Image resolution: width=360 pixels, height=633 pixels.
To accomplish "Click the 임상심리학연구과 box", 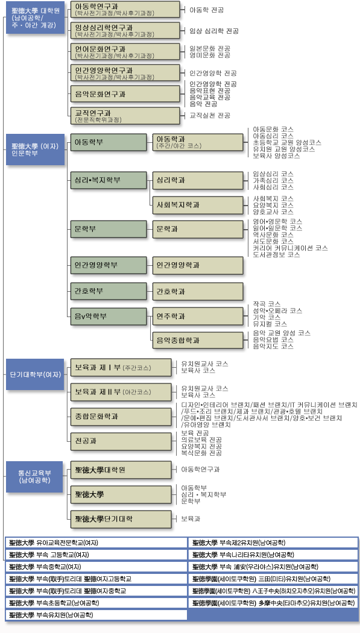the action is [125, 31].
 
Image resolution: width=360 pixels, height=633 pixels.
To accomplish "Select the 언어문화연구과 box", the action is [125, 52].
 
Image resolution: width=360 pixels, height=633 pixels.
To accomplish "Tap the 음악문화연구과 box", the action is [125, 93].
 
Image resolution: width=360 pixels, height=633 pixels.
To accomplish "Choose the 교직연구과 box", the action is [125, 116].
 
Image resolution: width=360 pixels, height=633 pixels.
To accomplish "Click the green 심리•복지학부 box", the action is [109, 180].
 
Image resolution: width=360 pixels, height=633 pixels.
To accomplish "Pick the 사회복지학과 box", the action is [198, 205].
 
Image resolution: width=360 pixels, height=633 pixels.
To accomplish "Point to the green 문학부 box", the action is [109, 229].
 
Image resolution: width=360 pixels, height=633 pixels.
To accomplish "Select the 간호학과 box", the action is [198, 291].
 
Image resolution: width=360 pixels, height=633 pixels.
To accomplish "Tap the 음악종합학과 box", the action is [198, 341].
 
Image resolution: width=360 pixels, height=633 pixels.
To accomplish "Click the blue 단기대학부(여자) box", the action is [35, 374].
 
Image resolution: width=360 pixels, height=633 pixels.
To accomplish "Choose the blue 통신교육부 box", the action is [34, 477].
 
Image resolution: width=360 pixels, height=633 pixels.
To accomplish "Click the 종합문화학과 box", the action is [121, 417].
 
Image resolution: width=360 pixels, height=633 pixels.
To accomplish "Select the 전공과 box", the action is [121, 441].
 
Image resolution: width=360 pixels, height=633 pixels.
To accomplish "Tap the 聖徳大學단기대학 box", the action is [121, 518].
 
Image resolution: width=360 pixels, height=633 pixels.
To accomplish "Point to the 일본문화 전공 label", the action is [210, 48].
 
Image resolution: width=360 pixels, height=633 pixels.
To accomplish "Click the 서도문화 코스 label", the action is [273, 241].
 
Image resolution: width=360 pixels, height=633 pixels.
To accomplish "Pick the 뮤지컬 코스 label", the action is [270, 324].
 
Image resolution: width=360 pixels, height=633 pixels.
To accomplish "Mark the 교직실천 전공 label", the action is [210, 116].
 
